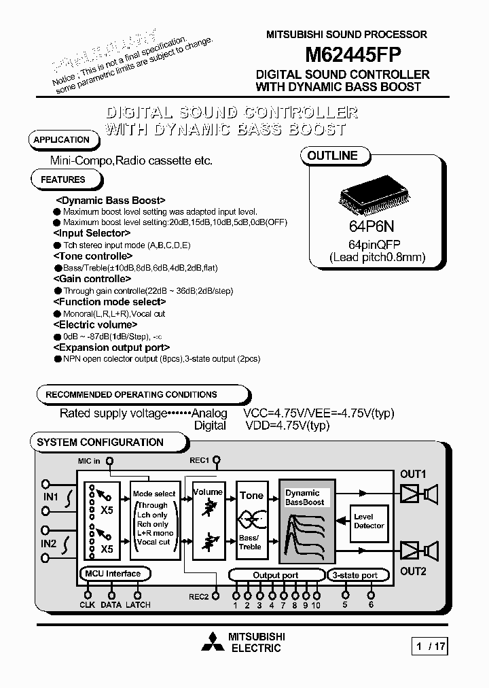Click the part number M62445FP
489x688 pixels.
(345, 54)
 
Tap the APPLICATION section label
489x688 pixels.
(62, 140)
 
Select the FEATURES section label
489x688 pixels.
(63, 179)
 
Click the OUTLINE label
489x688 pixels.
(332, 156)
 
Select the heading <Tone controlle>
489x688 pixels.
(92, 256)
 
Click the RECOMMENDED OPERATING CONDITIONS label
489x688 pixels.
(132, 394)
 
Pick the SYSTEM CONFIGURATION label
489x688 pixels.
(101, 442)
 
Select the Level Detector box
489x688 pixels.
(369, 521)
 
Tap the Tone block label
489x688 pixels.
(251, 496)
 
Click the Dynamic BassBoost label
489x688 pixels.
(304, 498)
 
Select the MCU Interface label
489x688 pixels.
(113, 574)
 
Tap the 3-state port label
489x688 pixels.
(355, 575)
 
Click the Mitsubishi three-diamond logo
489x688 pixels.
(213, 642)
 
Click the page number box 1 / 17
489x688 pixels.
(431, 647)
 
